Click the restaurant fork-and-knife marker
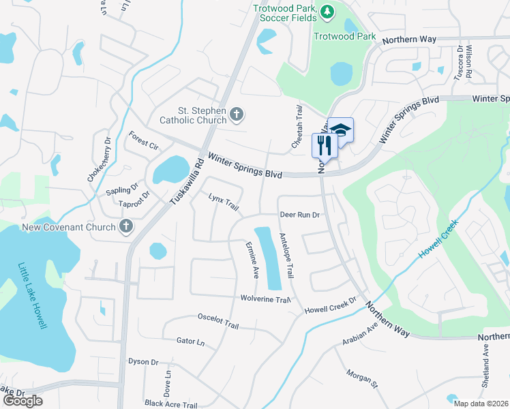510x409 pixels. (x=324, y=145)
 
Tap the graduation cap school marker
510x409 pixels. (x=341, y=130)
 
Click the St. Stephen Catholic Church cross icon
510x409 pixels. (x=237, y=114)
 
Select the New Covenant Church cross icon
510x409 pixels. (x=125, y=226)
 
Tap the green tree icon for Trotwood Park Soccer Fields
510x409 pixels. (x=327, y=11)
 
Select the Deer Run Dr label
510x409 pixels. (x=299, y=215)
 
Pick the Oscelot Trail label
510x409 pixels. (x=218, y=320)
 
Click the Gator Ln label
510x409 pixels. (x=190, y=340)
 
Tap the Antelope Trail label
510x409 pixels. (x=286, y=256)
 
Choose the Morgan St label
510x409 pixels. (x=361, y=380)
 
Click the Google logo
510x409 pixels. (x=22, y=400)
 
